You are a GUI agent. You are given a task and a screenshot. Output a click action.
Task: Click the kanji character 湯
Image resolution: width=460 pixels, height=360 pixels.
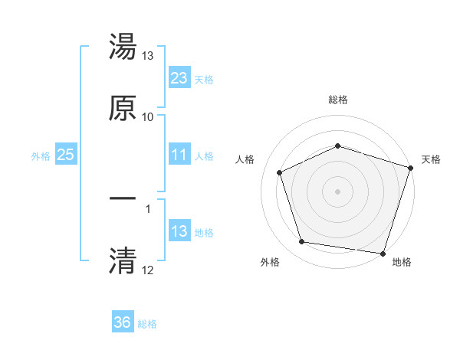click(123, 47)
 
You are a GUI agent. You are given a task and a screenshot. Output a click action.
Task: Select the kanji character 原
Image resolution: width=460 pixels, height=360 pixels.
click(123, 108)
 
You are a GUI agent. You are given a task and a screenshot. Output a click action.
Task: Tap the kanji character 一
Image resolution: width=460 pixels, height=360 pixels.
click(123, 199)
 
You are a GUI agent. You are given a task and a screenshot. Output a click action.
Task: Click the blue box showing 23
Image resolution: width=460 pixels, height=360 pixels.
click(179, 78)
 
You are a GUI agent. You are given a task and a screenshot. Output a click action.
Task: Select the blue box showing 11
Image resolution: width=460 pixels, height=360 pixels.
click(179, 155)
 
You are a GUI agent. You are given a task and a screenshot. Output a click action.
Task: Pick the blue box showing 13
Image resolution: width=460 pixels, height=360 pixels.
click(179, 231)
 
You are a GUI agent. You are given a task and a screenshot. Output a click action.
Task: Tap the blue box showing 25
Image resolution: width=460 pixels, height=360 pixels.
click(66, 155)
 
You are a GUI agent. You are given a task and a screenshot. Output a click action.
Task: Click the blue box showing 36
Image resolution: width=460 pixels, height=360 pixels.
click(123, 322)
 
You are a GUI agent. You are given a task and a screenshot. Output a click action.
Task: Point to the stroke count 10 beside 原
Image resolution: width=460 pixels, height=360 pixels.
click(148, 117)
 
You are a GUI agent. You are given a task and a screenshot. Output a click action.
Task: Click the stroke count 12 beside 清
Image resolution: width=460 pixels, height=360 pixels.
click(148, 270)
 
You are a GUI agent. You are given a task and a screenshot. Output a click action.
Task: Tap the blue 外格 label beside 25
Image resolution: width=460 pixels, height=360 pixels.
click(41, 155)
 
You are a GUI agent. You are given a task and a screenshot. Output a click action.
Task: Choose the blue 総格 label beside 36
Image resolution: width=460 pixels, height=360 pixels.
click(147, 324)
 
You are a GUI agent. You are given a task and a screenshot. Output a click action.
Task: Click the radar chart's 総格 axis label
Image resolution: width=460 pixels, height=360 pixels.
click(338, 100)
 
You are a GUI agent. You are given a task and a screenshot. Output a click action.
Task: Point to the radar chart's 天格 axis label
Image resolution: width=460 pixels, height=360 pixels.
click(431, 159)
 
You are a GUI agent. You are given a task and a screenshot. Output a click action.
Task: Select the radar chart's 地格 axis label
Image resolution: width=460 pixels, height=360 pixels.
click(402, 262)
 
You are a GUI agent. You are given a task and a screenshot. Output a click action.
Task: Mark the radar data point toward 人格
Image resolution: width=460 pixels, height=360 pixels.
click(281, 172)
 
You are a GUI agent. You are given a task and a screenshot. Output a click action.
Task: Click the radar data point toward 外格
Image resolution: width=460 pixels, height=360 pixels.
click(302, 242)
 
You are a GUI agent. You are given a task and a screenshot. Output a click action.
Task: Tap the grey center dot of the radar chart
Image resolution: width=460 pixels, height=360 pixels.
click(338, 191)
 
